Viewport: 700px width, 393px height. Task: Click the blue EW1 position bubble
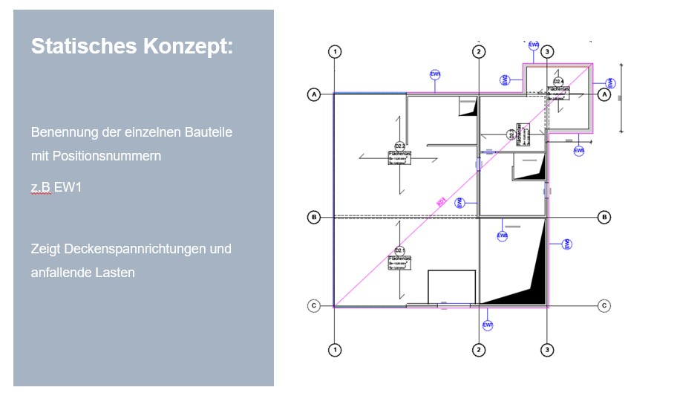[x=436, y=74]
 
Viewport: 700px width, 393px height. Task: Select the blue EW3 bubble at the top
[x=534, y=45]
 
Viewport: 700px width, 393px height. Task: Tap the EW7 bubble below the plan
[x=488, y=325]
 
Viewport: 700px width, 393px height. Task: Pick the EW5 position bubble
[x=579, y=151]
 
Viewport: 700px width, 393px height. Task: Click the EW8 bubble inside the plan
[x=503, y=236]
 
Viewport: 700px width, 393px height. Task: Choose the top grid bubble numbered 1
[x=336, y=52]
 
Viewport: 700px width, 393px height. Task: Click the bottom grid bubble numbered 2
[x=480, y=349]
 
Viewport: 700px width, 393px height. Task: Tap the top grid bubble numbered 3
[x=547, y=52]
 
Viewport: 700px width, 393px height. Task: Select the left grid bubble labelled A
[x=314, y=95]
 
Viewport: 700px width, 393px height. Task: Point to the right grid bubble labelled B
[x=605, y=217]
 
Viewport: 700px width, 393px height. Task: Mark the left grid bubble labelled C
[x=314, y=305]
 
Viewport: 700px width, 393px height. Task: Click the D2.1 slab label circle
[x=399, y=250]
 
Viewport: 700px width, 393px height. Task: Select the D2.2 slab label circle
[x=399, y=146]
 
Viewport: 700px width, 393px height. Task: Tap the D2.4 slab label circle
[x=558, y=81]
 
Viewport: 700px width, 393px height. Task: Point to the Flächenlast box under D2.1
[x=399, y=262]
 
